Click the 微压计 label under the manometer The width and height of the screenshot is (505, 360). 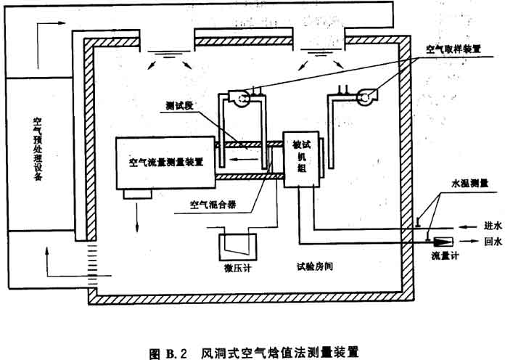[x=231, y=266]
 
